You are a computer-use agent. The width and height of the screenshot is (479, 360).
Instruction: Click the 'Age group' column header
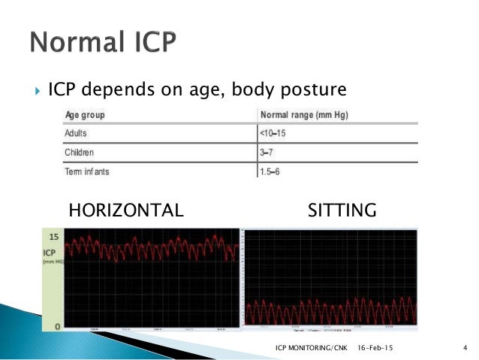point(84,116)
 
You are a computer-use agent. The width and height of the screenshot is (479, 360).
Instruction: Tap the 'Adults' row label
point(76,134)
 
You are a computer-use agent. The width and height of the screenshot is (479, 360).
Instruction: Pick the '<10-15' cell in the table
point(273,134)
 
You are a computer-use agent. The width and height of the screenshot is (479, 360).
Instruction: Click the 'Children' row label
point(79,152)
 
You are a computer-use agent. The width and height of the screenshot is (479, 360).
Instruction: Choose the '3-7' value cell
point(267,152)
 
